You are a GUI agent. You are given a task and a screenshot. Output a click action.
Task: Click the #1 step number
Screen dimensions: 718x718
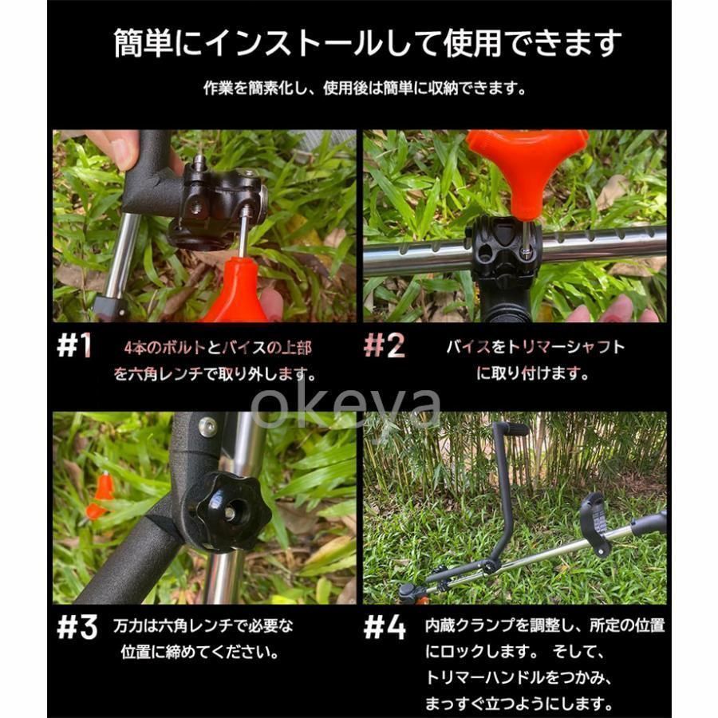[x=74, y=345]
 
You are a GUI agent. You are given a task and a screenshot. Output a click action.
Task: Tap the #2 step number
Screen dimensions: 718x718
[x=385, y=345]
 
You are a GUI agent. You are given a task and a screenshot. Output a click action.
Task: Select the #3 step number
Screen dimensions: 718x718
[x=77, y=627]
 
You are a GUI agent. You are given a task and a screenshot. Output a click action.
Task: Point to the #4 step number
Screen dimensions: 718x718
[x=385, y=627]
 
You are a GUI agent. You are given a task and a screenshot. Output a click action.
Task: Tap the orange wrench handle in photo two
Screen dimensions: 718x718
[x=527, y=171]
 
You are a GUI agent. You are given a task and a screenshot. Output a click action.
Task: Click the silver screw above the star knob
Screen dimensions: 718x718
[x=207, y=427]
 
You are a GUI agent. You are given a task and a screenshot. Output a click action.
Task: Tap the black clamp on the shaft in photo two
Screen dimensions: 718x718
[x=503, y=254]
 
